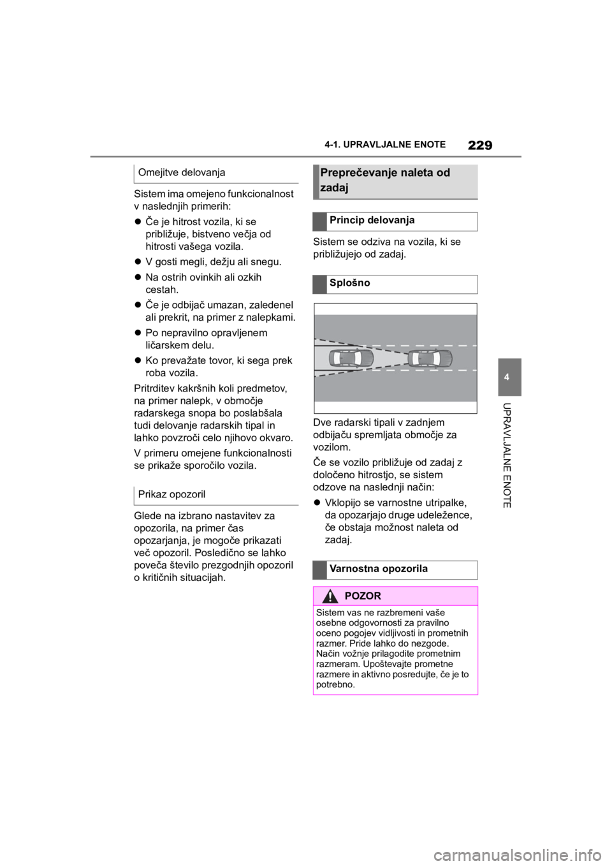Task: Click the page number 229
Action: coord(480,145)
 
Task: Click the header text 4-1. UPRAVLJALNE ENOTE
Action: coord(385,145)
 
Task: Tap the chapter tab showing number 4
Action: coord(509,377)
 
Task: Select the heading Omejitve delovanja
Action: coord(182,172)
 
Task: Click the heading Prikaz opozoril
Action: coord(171,494)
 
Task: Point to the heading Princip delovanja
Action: coord(372,221)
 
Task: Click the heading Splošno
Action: coord(349,283)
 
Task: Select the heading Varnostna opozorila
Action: coord(379,569)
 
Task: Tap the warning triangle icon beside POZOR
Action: coord(330,596)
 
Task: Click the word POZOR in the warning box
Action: coord(362,596)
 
